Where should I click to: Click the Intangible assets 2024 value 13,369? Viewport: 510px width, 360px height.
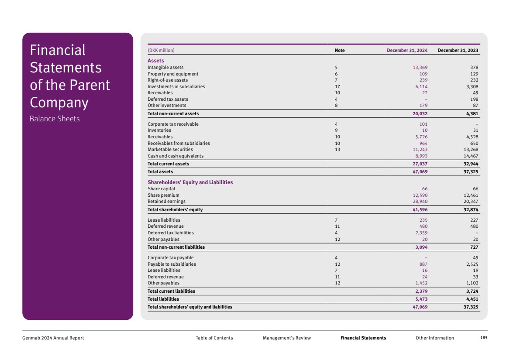pyautogui.click(x=420, y=68)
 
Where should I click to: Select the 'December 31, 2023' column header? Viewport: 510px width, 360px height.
pyautogui.click(x=458, y=50)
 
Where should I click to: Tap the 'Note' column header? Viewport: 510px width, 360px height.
pyautogui.click(x=339, y=50)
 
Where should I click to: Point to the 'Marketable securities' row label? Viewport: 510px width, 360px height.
pyautogui.click(x=170, y=149)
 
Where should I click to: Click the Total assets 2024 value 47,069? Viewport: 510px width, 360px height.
pyautogui.click(x=420, y=172)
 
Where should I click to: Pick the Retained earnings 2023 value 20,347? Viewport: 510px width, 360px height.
pyautogui.click(x=469, y=202)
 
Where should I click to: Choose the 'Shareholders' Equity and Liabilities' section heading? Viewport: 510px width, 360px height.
pyautogui.click(x=190, y=182)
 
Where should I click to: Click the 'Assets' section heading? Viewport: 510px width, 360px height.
pyautogui.click(x=155, y=61)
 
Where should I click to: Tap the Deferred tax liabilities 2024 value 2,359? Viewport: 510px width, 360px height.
pyautogui.click(x=420, y=233)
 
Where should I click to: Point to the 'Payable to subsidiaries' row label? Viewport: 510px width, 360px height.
pyautogui.click(x=172, y=264)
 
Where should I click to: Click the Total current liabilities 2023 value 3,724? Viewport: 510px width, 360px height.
pyautogui.click(x=471, y=291)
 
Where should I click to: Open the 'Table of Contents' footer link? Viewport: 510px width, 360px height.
pyautogui.click(x=214, y=338)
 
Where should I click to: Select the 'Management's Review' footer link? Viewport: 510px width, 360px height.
pyautogui.click(x=286, y=338)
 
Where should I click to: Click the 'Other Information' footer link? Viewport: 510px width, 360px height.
pyautogui.click(x=434, y=338)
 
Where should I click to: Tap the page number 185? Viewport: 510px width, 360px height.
pyautogui.click(x=483, y=338)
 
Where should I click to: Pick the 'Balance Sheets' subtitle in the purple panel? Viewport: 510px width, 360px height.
pyautogui.click(x=55, y=119)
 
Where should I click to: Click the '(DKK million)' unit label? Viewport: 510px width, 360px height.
pyautogui.click(x=161, y=50)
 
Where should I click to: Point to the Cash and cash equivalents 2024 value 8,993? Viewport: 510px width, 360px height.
pyautogui.click(x=420, y=156)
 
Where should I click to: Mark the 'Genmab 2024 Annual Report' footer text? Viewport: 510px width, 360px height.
pyautogui.click(x=53, y=338)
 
